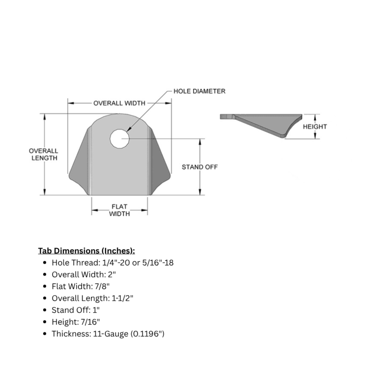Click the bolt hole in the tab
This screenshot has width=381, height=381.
click(x=120, y=139)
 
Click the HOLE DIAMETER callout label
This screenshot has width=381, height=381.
click(x=199, y=91)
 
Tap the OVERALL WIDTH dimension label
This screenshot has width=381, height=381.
click(x=119, y=103)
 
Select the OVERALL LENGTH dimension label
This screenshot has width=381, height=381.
click(x=44, y=154)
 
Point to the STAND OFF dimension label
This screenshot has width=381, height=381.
click(x=200, y=167)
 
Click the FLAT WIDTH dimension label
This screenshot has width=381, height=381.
click(x=119, y=210)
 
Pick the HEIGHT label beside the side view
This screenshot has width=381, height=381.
click(x=315, y=127)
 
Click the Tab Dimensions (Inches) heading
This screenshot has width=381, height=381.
click(x=86, y=251)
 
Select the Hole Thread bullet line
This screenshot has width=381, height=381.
click(x=112, y=263)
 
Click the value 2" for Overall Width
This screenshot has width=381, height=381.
click(x=112, y=274)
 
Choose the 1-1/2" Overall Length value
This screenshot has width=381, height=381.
click(x=122, y=298)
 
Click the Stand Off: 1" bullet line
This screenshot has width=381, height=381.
click(x=76, y=310)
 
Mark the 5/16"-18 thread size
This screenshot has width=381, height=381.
click(x=158, y=263)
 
